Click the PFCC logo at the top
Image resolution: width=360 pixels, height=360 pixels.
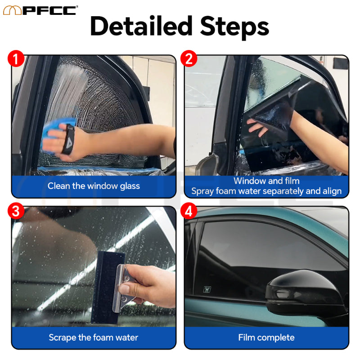click(x=40, y=9)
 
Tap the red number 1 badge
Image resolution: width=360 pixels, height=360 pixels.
click(x=16, y=59)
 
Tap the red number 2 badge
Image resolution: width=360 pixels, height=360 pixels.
click(x=189, y=59)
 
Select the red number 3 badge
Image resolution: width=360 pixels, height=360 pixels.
click(x=16, y=211)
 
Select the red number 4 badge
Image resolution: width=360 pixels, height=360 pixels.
click(x=189, y=211)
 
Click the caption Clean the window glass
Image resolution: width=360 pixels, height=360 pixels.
click(x=94, y=186)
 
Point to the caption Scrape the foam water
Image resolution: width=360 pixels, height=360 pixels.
click(x=94, y=337)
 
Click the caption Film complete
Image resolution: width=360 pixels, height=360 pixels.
click(x=266, y=337)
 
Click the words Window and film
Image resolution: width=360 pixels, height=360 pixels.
click(x=266, y=181)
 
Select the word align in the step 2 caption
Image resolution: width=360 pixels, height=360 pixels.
click(x=332, y=191)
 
